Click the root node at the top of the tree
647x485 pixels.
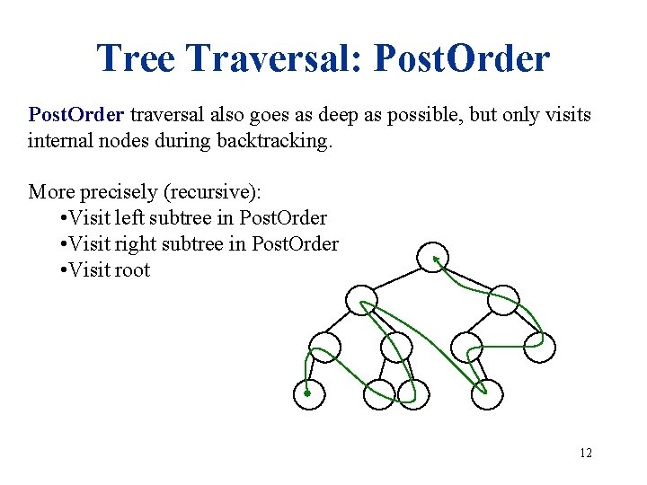tap(433, 257)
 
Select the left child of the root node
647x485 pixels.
tap(361, 300)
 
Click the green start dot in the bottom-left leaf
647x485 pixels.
tap(307, 393)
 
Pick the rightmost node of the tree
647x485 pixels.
tap(540, 347)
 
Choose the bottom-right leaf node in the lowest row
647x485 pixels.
tap(487, 393)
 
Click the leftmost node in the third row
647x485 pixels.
tap(325, 347)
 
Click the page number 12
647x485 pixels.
tap(586, 453)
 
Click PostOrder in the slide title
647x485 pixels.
tap(461, 59)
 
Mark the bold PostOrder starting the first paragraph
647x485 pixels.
tap(77, 115)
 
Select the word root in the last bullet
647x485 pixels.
tap(134, 269)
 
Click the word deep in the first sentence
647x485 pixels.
tap(313, 115)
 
